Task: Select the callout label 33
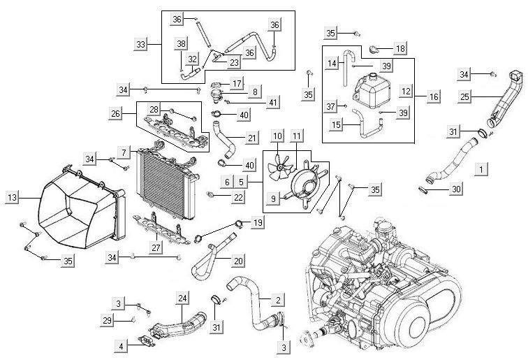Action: [141, 43]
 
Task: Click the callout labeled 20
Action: [238, 261]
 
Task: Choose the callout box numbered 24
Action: [183, 298]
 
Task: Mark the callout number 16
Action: [434, 97]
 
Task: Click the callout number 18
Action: [399, 48]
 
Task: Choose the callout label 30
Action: [456, 189]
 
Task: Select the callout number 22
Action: [238, 198]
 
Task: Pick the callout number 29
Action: [107, 319]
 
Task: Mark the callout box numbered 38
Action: [182, 43]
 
